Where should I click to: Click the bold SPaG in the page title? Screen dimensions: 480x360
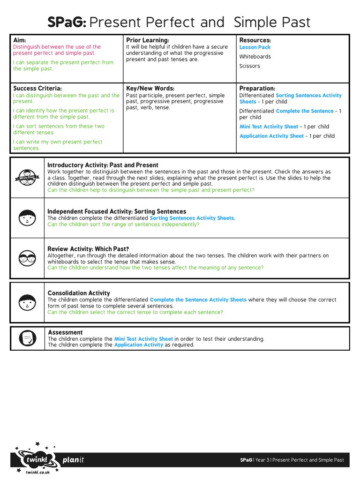[67, 22]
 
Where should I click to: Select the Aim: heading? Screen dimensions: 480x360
[20, 41]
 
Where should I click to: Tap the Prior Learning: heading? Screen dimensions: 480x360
[147, 41]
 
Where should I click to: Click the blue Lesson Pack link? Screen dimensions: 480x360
[255, 47]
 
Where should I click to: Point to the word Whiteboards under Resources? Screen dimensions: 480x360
[255, 57]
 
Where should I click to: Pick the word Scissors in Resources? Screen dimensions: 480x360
[249, 66]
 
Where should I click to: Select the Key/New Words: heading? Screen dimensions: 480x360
[150, 88]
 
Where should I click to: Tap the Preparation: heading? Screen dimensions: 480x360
[257, 88]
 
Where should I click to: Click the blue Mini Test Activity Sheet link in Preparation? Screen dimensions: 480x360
[269, 127]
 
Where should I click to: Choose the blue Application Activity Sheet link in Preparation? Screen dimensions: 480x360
[271, 136]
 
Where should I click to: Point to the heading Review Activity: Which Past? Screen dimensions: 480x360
[88, 249]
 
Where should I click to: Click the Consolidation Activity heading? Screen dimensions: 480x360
[79, 293]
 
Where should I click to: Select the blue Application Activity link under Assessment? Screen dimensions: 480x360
[138, 345]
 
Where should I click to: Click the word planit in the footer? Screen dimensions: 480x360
[73, 460]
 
